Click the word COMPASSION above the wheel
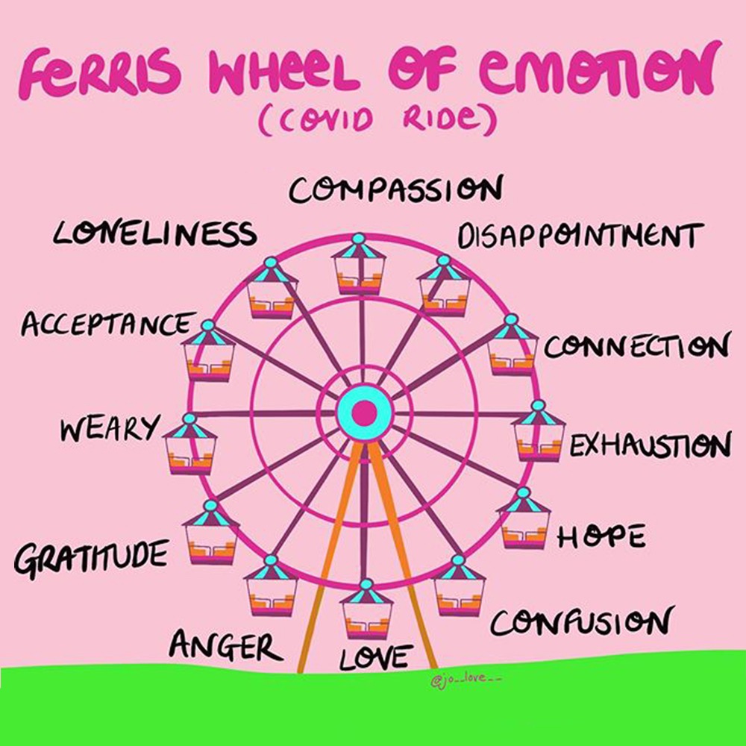point(395,189)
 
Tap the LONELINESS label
point(155,233)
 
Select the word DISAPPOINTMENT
point(580,236)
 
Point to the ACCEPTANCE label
point(108,325)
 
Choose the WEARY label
point(110,429)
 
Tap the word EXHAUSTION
point(650,445)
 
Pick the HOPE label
point(601,536)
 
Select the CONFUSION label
point(582,622)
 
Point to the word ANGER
point(226,645)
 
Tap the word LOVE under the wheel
point(376,657)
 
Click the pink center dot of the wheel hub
point(365,413)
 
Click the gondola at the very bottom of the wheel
point(366,610)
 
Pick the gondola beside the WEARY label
point(189,445)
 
